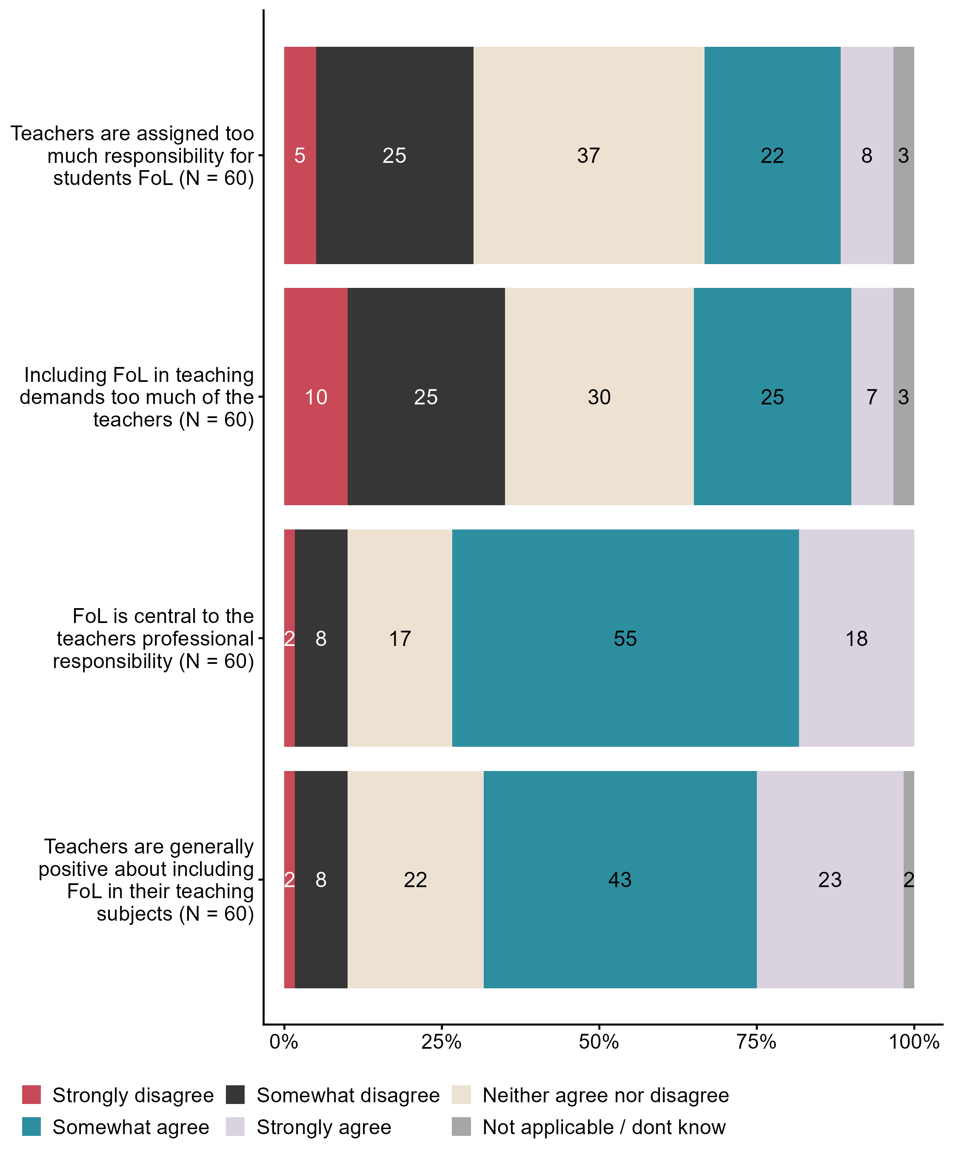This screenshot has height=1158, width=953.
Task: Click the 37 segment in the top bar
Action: click(x=588, y=155)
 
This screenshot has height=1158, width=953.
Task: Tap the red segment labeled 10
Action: click(x=316, y=397)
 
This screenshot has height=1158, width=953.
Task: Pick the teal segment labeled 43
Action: click(x=620, y=880)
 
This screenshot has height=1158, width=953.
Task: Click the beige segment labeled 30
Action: click(x=599, y=397)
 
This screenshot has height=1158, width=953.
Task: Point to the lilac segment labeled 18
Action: click(x=856, y=638)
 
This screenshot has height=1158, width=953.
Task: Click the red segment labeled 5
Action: click(x=300, y=155)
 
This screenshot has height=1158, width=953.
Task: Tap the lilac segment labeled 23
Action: click(x=830, y=880)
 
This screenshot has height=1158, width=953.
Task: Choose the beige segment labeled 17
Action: click(x=399, y=638)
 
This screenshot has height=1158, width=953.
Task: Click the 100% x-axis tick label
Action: click(x=914, y=1041)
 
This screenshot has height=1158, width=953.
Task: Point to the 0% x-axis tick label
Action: click(x=284, y=1041)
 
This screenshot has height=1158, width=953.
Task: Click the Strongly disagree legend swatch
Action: click(x=31, y=1095)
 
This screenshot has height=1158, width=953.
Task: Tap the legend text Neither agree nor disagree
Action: click(x=605, y=1095)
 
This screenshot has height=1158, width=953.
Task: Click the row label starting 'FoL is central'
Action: click(x=154, y=638)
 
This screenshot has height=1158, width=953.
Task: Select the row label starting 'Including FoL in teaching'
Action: click(x=137, y=397)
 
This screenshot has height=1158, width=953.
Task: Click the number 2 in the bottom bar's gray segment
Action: click(x=908, y=880)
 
